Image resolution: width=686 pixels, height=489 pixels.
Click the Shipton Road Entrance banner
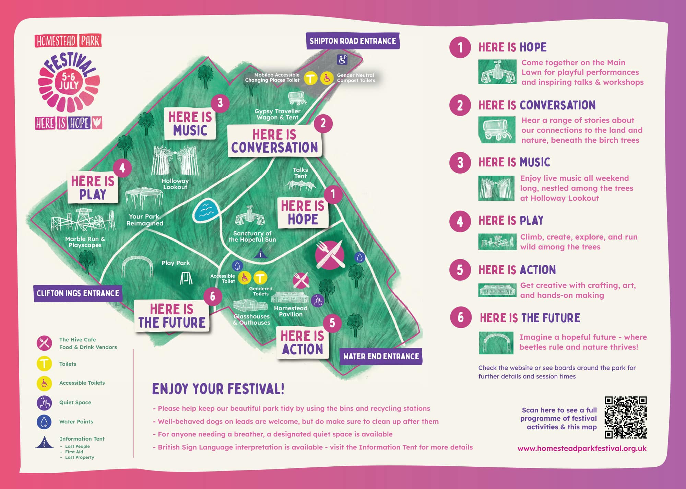coord(353,41)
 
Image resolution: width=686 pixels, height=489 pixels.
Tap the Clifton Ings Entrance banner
coord(78,293)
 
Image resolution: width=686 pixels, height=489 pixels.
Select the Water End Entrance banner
coord(381,356)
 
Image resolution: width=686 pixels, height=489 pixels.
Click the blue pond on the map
coord(206,210)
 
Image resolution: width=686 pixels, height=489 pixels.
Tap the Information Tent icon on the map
coord(261,254)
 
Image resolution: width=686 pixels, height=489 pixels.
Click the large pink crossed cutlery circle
coord(330,255)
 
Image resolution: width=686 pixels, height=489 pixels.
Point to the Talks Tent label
coord(300,173)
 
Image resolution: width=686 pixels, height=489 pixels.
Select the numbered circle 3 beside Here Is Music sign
coord(220,103)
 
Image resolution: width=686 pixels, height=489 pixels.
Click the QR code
coord(625,417)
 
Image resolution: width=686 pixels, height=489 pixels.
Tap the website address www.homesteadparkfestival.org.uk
coord(582,448)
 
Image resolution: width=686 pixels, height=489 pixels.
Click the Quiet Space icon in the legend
coord(44,403)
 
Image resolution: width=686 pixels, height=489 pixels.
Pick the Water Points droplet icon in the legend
coord(44,422)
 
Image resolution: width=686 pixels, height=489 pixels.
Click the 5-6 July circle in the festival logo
coord(69,81)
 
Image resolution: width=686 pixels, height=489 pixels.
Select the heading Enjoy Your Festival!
coord(218,389)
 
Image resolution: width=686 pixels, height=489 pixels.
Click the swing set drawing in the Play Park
coord(186,278)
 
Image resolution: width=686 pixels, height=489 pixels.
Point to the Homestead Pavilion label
coord(291,311)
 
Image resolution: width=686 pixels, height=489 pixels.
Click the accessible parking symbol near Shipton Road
coord(342,60)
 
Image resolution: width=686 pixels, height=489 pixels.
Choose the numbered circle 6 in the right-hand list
coord(460,317)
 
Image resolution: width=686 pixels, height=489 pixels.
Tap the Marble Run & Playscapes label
coord(85,242)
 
